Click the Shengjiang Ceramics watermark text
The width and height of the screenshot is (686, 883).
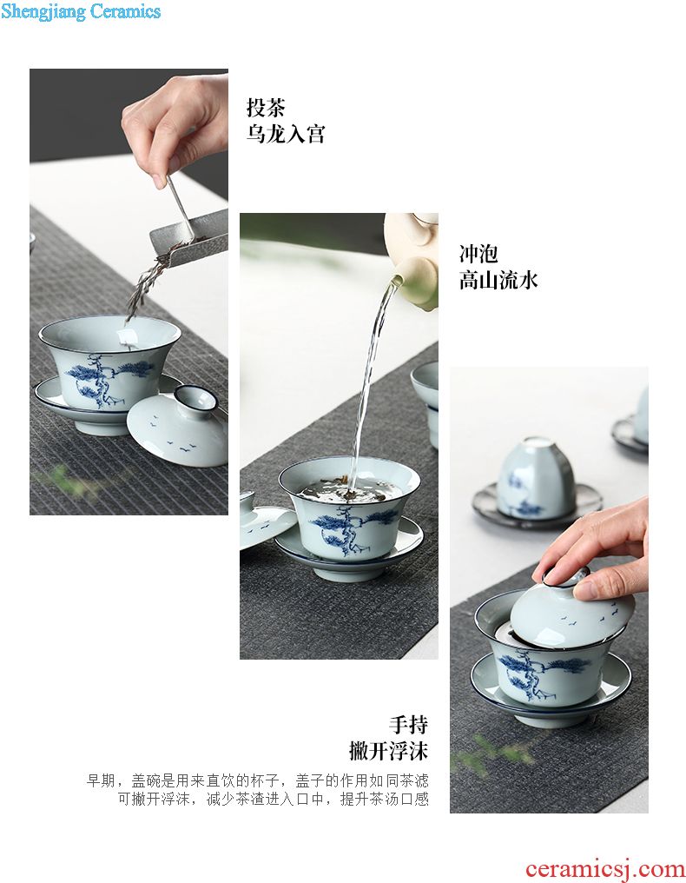[81, 11]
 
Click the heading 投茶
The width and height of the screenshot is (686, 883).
[266, 107]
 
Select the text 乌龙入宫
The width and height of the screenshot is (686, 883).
[286, 134]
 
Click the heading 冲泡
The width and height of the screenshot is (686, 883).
[478, 254]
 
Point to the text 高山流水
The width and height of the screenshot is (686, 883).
[498, 281]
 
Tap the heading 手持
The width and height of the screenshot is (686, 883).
[409, 725]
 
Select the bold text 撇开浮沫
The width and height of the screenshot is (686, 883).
[389, 751]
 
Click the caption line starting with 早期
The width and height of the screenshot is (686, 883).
[258, 780]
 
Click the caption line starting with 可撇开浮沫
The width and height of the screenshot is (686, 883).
[273, 799]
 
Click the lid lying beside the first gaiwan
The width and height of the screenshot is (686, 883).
[177, 426]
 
